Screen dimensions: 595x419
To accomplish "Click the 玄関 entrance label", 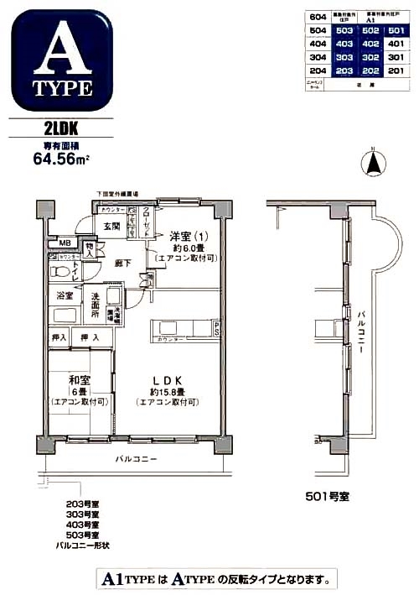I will coord(112,226).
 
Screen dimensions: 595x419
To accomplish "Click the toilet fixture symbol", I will coord(60,273).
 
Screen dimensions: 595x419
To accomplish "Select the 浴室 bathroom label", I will coord(64,295).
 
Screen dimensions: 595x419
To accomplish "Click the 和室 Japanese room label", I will coord(79,379).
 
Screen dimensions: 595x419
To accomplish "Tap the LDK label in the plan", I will coord(166,379).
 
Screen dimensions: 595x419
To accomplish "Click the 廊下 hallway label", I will coord(122,264).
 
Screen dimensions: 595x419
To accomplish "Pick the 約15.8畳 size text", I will coord(166,391).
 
